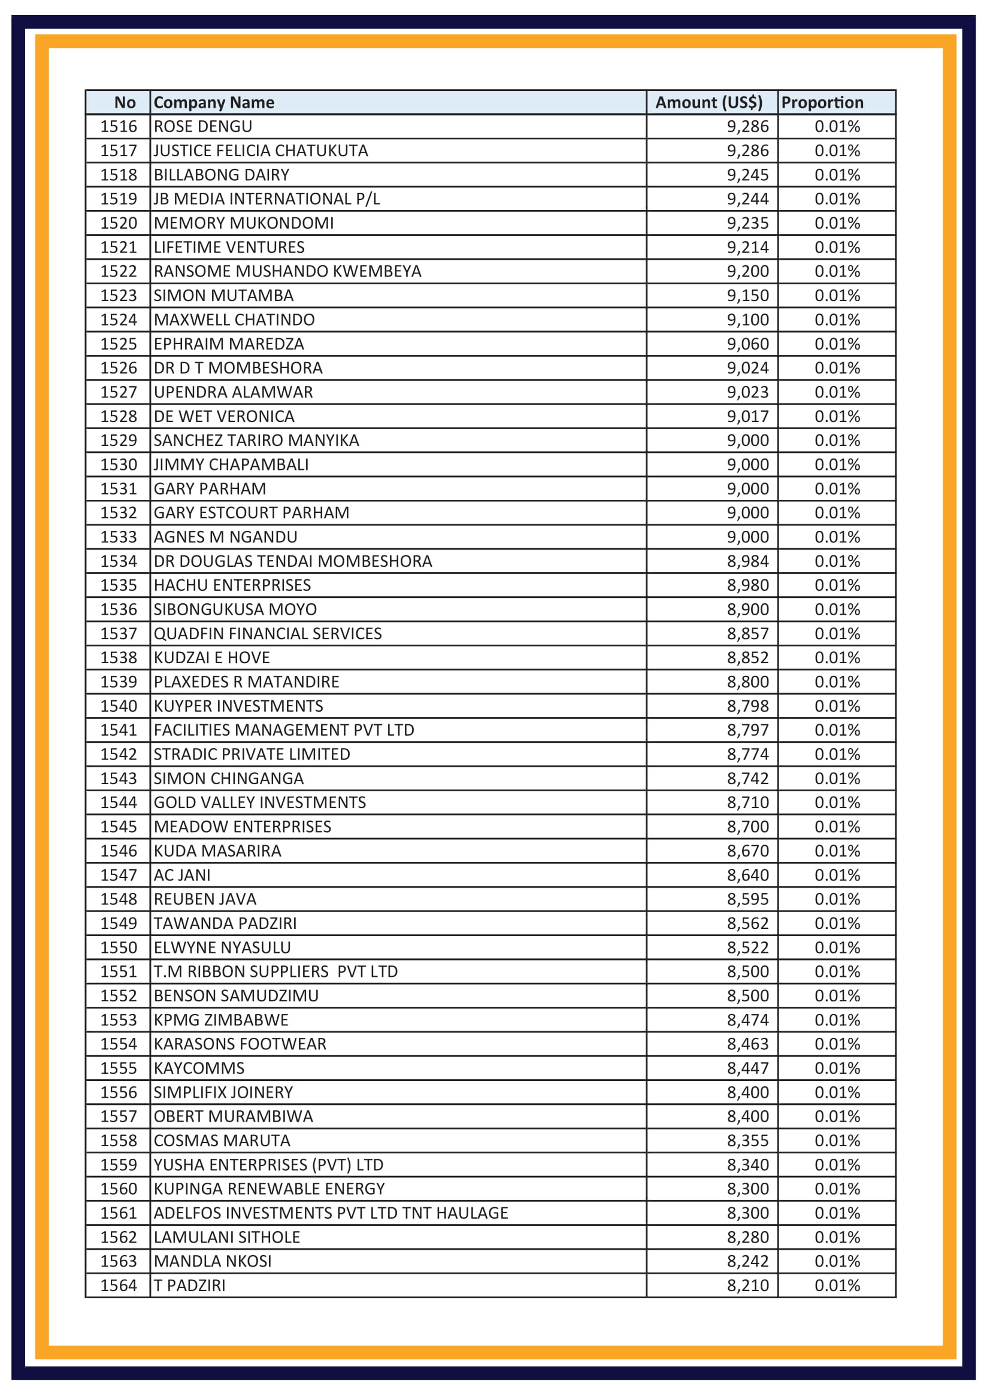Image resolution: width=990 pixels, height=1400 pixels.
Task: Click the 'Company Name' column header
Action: pyautogui.click(x=213, y=102)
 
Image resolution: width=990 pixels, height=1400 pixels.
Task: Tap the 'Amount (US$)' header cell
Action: pyautogui.click(x=708, y=102)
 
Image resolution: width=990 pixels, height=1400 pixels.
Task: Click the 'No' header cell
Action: pyautogui.click(x=125, y=102)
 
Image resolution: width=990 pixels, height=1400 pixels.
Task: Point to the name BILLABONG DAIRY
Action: pyautogui.click(x=222, y=175)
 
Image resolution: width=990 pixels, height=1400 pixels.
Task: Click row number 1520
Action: pyautogui.click(x=119, y=223)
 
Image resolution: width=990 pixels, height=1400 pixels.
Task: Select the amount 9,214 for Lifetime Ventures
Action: pyautogui.click(x=747, y=248)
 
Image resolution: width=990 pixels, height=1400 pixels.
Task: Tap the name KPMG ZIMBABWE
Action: pyautogui.click(x=221, y=1019)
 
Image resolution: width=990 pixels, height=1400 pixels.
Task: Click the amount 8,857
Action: pyautogui.click(x=747, y=633)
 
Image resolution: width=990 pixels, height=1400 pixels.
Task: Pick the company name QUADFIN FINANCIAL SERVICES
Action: pyautogui.click(x=267, y=633)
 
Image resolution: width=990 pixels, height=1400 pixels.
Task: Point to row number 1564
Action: pyautogui.click(x=119, y=1285)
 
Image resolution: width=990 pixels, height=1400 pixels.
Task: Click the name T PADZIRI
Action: pyautogui.click(x=189, y=1285)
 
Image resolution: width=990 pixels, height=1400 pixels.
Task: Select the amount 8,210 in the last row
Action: pyautogui.click(x=747, y=1285)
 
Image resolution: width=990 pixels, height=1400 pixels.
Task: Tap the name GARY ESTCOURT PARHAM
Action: pyautogui.click(x=252, y=513)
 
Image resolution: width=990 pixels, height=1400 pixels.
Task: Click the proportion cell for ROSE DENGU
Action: pyautogui.click(x=837, y=127)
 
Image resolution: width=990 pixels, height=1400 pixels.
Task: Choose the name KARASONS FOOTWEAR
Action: pyautogui.click(x=240, y=1044)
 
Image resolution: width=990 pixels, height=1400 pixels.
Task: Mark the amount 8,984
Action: pyautogui.click(x=747, y=561)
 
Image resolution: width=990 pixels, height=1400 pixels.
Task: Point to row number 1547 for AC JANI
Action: pyautogui.click(x=119, y=875)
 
